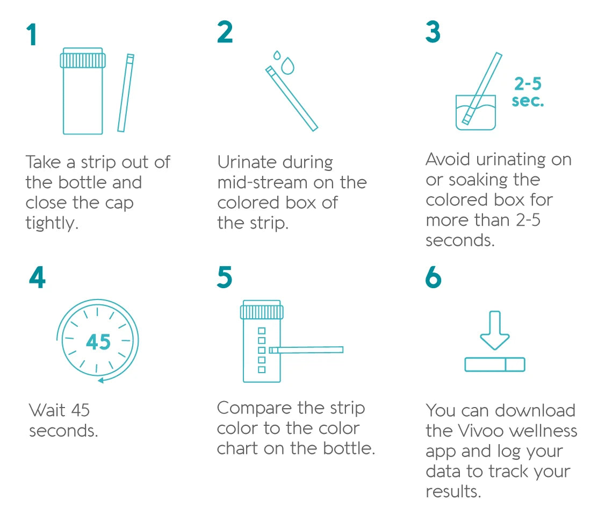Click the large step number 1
pyautogui.click(x=32, y=35)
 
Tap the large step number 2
pyautogui.click(x=225, y=32)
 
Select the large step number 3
pyautogui.click(x=433, y=32)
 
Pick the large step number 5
pyautogui.click(x=225, y=277)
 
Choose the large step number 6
pyautogui.click(x=433, y=277)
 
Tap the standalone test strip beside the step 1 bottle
pyautogui.click(x=126, y=93)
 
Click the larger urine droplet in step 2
pyautogui.click(x=288, y=66)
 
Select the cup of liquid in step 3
pyautogui.click(x=476, y=112)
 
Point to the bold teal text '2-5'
pyautogui.click(x=528, y=84)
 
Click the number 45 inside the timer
pyautogui.click(x=98, y=342)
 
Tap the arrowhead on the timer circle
pyautogui.click(x=100, y=380)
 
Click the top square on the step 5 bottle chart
pyautogui.click(x=262, y=331)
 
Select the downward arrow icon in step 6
pyautogui.click(x=495, y=330)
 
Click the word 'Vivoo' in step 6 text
pyautogui.click(x=480, y=431)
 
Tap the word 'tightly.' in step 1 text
pyautogui.click(x=52, y=223)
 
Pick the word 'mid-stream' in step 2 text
pyautogui.click(x=262, y=182)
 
